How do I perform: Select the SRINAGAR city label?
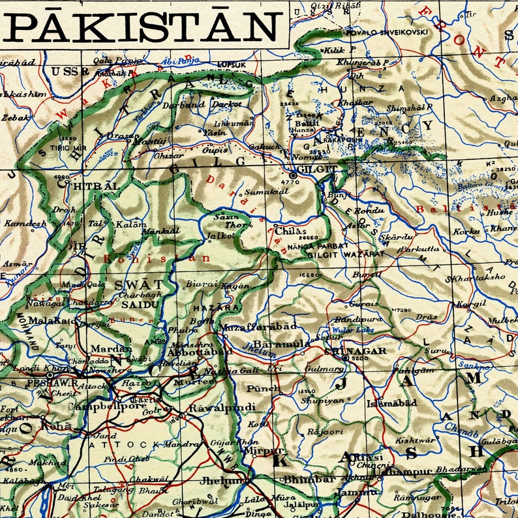point(355,350)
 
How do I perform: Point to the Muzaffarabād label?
point(258,326)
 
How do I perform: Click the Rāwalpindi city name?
point(213,408)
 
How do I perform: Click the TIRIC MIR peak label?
point(73,148)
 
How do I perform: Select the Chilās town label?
point(290,231)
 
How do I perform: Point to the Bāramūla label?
point(281,344)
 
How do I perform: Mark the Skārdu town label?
point(397,236)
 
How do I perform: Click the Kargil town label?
point(471,303)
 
